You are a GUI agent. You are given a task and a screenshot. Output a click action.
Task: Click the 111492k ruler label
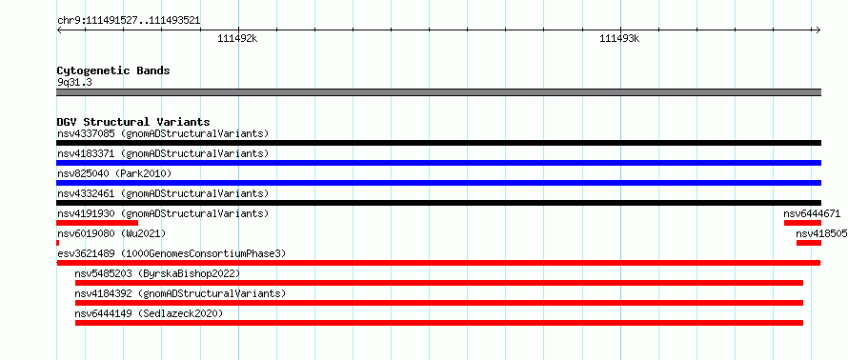click(x=238, y=39)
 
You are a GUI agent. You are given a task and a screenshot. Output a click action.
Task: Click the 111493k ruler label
click(x=619, y=39)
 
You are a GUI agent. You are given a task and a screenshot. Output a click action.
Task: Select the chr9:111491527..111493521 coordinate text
click(x=129, y=21)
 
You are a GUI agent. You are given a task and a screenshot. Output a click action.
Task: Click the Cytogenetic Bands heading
click(x=113, y=70)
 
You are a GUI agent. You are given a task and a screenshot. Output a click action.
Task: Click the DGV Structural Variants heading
click(x=133, y=122)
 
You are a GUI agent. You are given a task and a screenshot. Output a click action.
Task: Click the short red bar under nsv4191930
click(x=97, y=223)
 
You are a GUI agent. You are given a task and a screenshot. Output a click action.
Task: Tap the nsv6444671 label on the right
click(x=812, y=213)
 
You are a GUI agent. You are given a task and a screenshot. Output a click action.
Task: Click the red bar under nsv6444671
click(x=802, y=223)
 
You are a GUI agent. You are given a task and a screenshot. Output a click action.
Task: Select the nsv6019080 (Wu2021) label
click(x=111, y=233)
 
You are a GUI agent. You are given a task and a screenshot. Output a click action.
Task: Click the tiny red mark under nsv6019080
click(x=58, y=243)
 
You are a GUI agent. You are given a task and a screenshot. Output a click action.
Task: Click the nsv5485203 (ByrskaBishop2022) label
click(x=157, y=273)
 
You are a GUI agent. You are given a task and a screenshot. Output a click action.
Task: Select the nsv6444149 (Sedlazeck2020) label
click(x=149, y=313)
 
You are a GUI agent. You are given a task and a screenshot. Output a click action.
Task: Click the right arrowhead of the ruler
click(x=818, y=30)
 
